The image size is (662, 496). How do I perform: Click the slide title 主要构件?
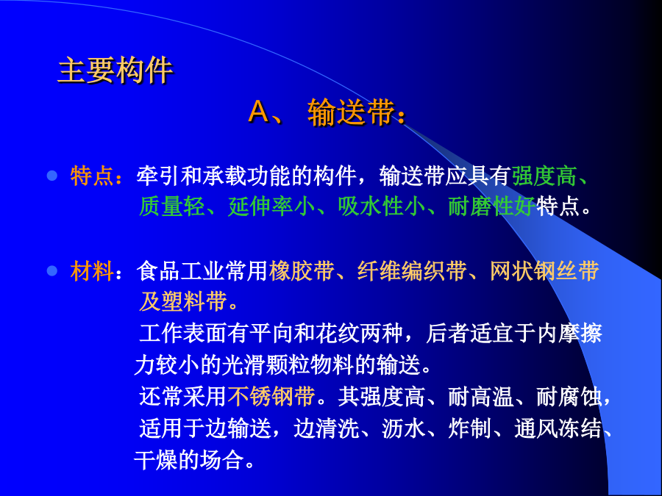click(x=115, y=70)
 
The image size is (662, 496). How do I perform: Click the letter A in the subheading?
click(x=260, y=112)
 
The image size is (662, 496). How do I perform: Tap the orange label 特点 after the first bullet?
click(x=92, y=176)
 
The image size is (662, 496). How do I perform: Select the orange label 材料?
click(x=92, y=270)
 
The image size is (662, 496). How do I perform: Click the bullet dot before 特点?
click(x=52, y=176)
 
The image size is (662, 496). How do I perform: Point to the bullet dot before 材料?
click(x=52, y=270)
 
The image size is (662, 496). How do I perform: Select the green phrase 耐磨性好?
click(x=491, y=206)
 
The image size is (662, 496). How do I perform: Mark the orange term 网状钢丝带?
click(x=544, y=270)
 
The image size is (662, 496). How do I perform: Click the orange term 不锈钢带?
click(x=271, y=397)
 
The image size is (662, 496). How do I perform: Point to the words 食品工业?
click(x=181, y=270)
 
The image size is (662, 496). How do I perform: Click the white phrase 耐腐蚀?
click(x=569, y=397)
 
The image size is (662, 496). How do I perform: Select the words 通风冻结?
click(x=558, y=428)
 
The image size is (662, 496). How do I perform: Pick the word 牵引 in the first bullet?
click(x=158, y=176)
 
